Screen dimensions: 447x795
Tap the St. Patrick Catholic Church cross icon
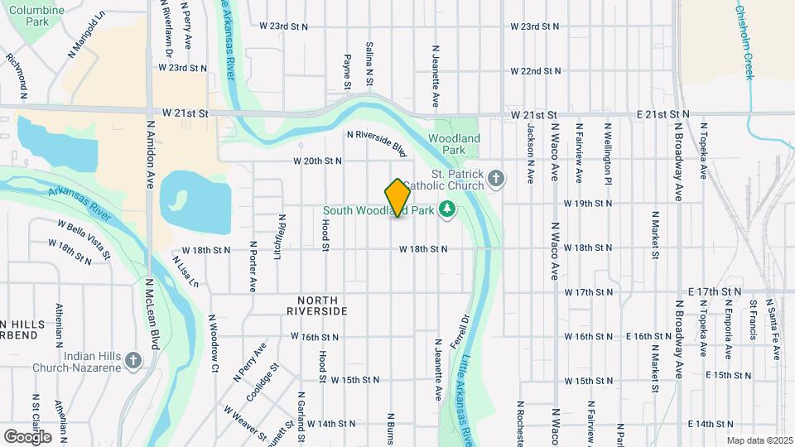[x=495, y=179]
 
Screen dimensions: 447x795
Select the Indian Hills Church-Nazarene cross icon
[x=133, y=361]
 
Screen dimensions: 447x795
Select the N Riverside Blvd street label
[x=378, y=143]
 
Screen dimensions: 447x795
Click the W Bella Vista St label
[x=84, y=237]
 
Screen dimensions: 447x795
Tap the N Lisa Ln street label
[x=185, y=271]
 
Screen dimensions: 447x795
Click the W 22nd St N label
[x=536, y=71]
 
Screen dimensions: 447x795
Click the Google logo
[x=27, y=435]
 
